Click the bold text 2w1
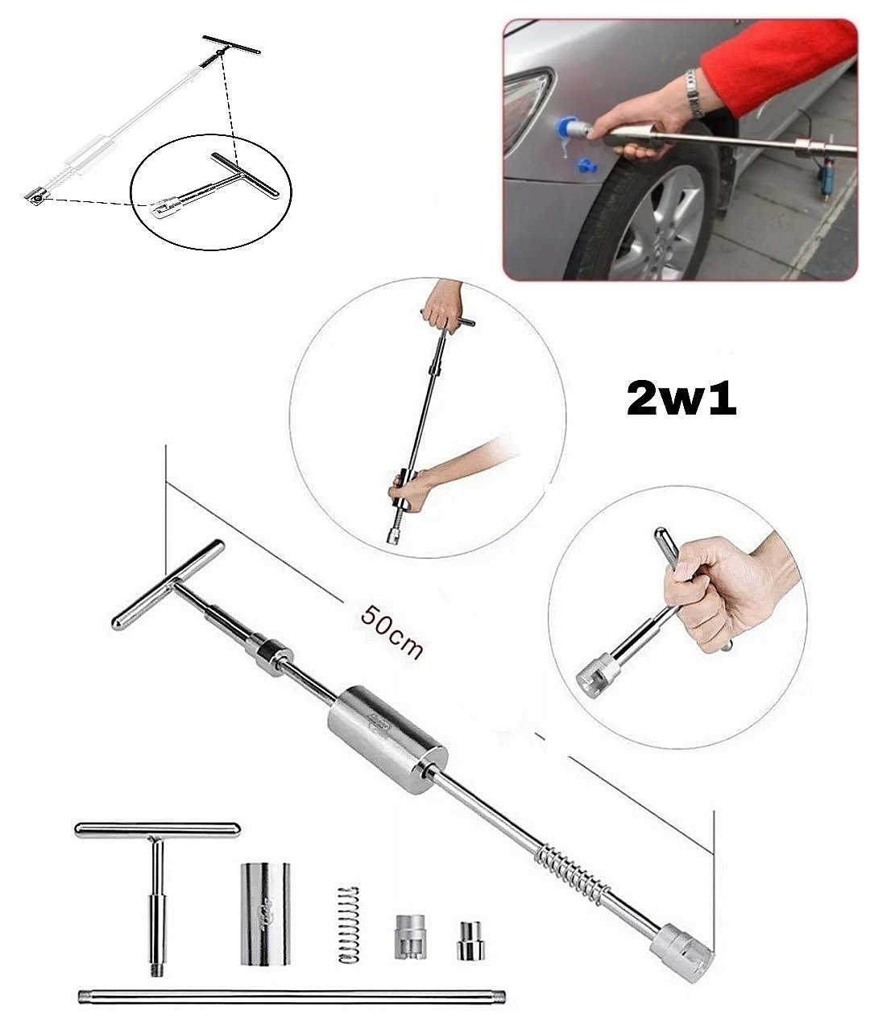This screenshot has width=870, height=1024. pyautogui.click(x=681, y=399)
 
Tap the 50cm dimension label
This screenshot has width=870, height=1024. pyautogui.click(x=391, y=631)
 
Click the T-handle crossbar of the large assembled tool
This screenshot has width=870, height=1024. pyautogui.click(x=168, y=585)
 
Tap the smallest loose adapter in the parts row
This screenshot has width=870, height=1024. pyautogui.click(x=466, y=940)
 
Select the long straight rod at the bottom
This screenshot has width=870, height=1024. pyautogui.click(x=293, y=998)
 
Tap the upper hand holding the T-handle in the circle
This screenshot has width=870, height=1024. pyautogui.click(x=443, y=306)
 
